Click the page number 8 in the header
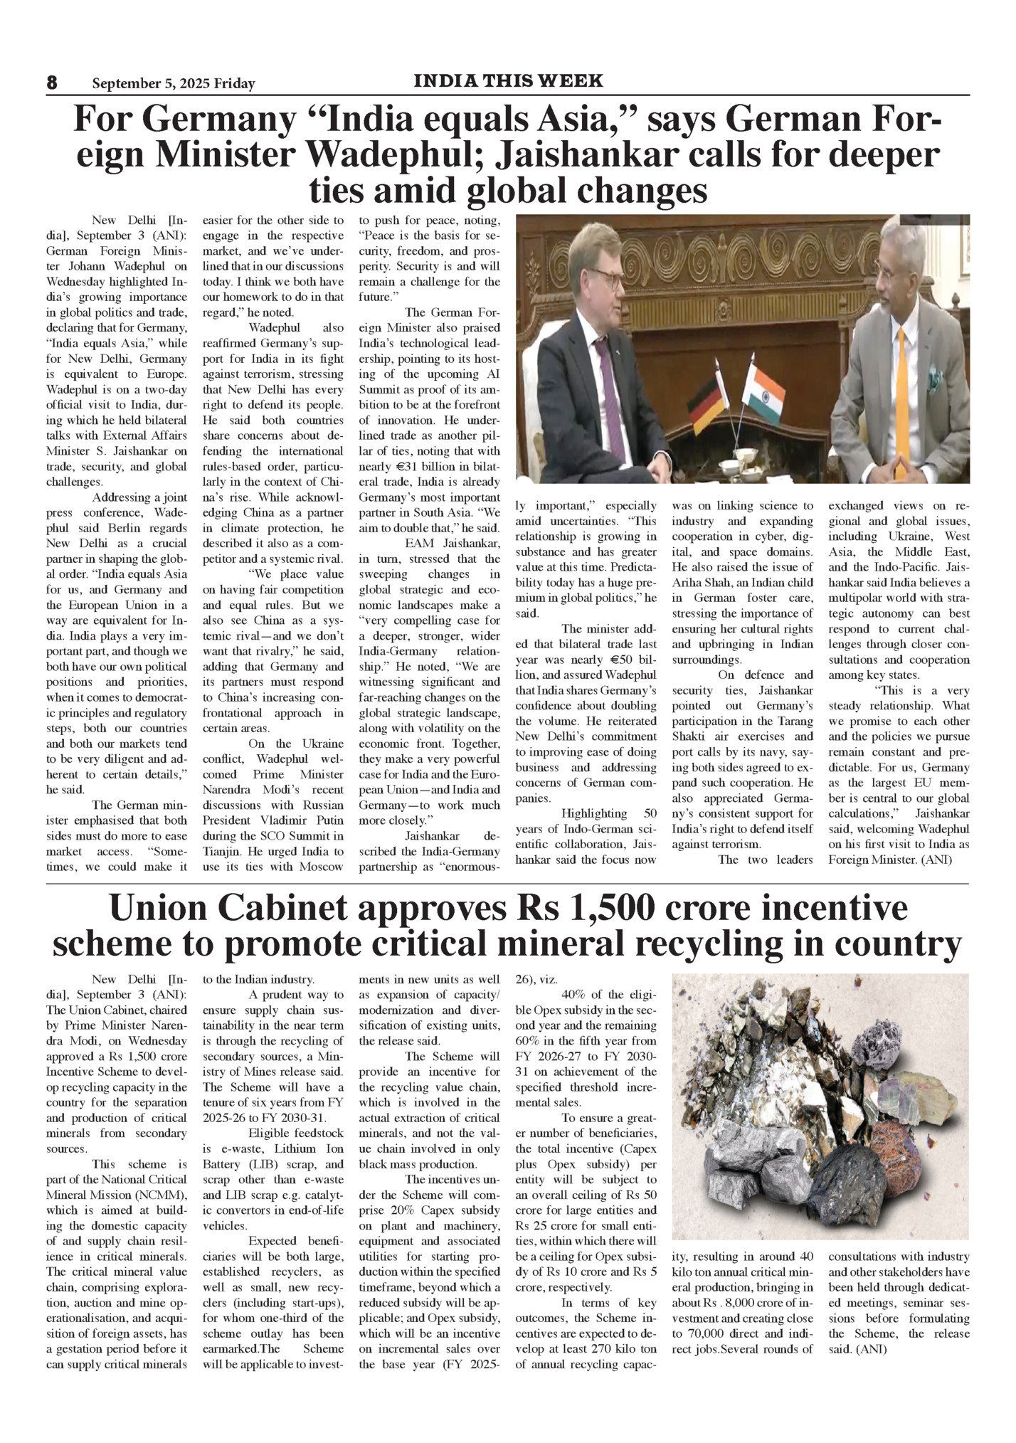click(52, 83)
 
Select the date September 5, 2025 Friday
click(173, 84)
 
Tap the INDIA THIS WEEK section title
click(508, 81)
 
